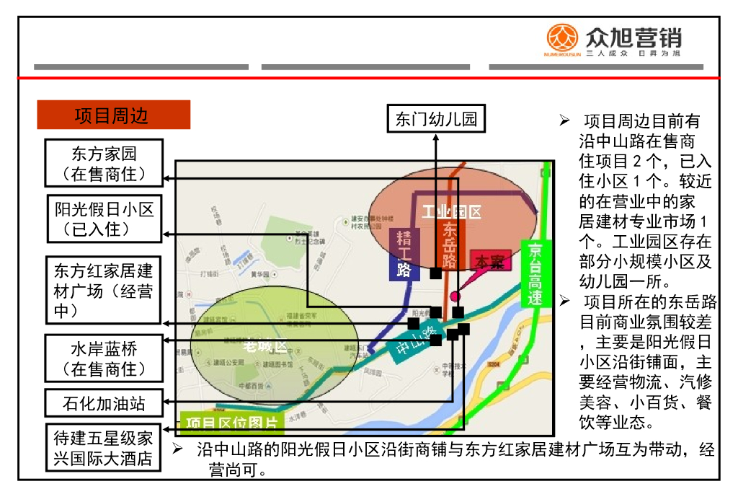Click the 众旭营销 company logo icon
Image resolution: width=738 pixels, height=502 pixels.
tap(563, 39)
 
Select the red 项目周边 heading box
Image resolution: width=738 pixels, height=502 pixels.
tap(113, 115)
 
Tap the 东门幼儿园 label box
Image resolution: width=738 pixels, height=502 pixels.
tap(436, 119)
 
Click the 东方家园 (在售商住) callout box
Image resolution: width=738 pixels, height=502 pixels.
tap(104, 163)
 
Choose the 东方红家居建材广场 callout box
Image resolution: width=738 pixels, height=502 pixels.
tap(104, 290)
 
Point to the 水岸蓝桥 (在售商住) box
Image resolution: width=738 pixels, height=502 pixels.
tap(104, 358)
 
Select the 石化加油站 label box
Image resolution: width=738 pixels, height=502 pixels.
tap(104, 402)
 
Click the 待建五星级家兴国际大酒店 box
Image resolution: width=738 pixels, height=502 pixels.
tap(104, 448)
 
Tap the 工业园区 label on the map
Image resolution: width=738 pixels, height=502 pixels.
tap(451, 212)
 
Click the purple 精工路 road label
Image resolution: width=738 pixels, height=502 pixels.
tap(404, 254)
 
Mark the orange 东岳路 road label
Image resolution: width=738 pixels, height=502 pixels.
tap(449, 245)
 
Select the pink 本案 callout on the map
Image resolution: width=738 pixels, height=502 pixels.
tap(490, 261)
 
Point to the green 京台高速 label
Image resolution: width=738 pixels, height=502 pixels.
tap(535, 273)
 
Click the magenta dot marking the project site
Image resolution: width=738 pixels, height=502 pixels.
tap(455, 296)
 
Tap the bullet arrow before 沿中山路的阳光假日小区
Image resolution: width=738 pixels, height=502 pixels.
tap(177, 449)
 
